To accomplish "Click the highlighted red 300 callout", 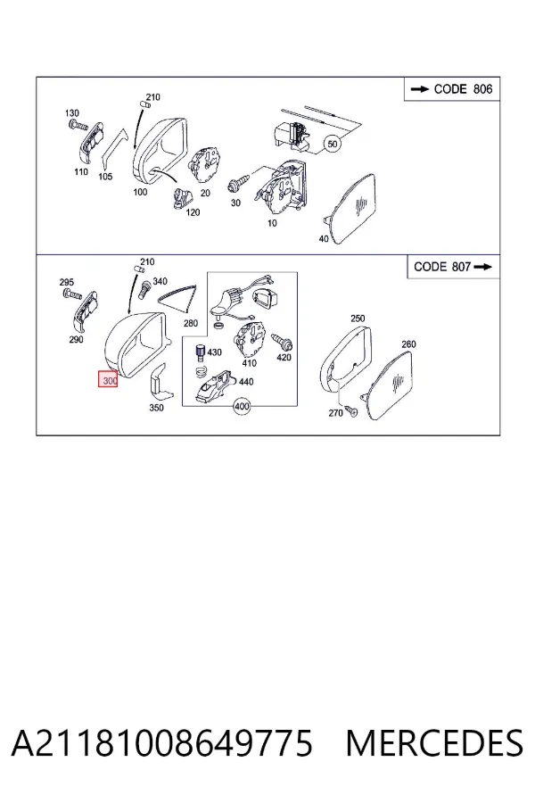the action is (108, 378).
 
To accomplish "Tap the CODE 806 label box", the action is (452, 89).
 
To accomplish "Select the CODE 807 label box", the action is (453, 267).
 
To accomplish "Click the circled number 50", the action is (333, 144).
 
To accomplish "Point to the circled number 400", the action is (242, 407).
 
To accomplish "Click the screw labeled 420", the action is (283, 341).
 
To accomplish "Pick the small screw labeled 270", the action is (351, 409).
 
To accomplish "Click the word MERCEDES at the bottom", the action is (434, 743).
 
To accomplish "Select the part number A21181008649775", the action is (161, 743).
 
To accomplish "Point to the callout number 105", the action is (105, 177).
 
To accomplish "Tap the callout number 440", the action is (246, 382).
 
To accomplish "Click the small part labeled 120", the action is (182, 197).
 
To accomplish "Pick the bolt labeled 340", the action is (144, 288).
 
